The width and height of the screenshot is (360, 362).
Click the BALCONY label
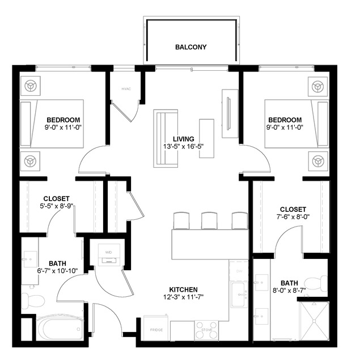point(190,47)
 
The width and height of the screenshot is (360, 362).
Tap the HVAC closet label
point(126,89)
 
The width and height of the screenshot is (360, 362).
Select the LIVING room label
point(184,139)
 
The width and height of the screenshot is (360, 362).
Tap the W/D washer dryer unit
point(108,254)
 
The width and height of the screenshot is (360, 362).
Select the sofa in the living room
point(165,138)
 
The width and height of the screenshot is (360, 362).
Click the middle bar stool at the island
point(209,220)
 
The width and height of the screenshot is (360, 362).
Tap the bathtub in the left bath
point(60,327)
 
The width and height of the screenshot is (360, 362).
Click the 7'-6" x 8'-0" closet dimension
point(293,217)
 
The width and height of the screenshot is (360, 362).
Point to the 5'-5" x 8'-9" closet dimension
point(56,207)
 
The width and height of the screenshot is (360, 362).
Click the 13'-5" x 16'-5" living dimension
point(184,147)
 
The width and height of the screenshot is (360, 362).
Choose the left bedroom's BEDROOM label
point(63,120)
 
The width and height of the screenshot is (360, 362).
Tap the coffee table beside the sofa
point(206,138)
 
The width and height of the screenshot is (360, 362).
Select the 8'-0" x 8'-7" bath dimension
point(289,291)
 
